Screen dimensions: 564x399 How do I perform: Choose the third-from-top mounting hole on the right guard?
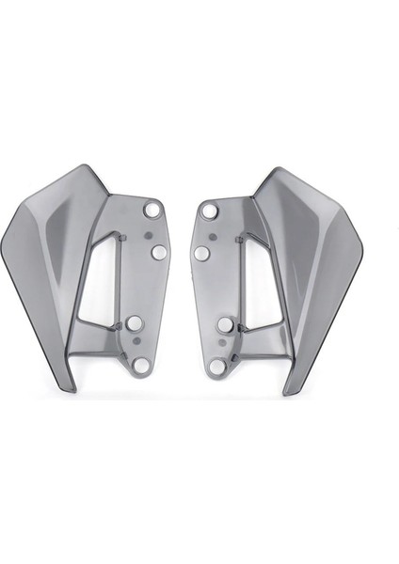click(x=226, y=325)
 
